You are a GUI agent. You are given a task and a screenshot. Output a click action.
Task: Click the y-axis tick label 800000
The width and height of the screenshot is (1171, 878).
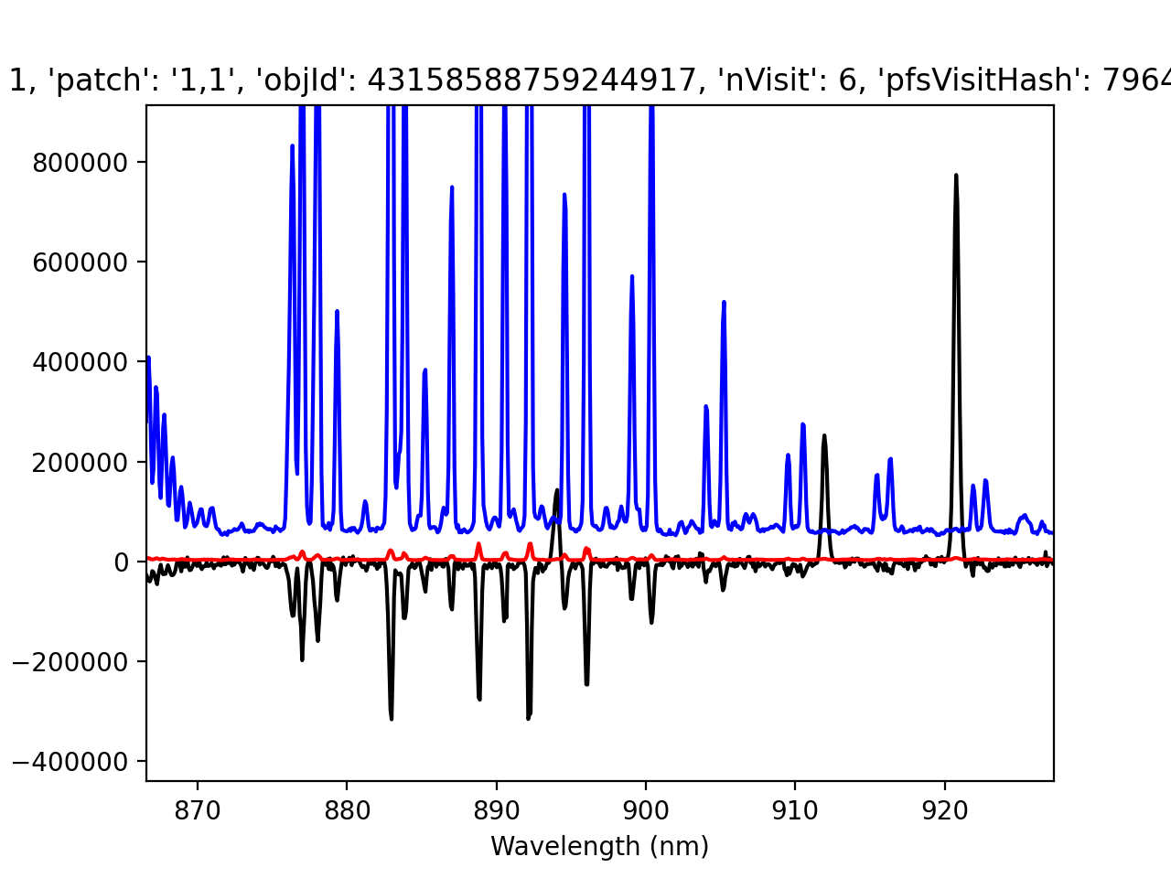pyautogui.click(x=81, y=163)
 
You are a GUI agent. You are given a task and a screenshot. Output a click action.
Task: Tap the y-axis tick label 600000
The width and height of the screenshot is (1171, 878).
pyautogui.click(x=81, y=262)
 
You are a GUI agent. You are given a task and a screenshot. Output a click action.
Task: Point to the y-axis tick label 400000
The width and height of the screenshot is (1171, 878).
pyautogui.click(x=81, y=362)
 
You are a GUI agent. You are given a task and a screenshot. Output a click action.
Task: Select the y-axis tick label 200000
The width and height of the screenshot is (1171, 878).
pyautogui.click(x=81, y=462)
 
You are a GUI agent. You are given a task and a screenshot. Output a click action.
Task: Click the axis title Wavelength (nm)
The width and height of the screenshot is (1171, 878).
pyautogui.click(x=599, y=847)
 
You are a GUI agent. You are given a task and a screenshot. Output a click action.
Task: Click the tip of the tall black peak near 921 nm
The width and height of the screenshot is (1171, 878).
pyautogui.click(x=956, y=175)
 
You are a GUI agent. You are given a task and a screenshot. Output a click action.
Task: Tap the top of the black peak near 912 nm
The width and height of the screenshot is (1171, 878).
pyautogui.click(x=824, y=435)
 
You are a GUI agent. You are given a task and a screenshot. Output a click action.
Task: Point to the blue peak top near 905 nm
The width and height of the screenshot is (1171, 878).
pyautogui.click(x=724, y=301)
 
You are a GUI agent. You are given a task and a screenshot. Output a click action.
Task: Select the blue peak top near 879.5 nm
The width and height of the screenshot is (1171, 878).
pyautogui.click(x=337, y=311)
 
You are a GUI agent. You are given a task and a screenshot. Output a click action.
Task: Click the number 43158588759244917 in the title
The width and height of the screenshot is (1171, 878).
pyautogui.click(x=532, y=81)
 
